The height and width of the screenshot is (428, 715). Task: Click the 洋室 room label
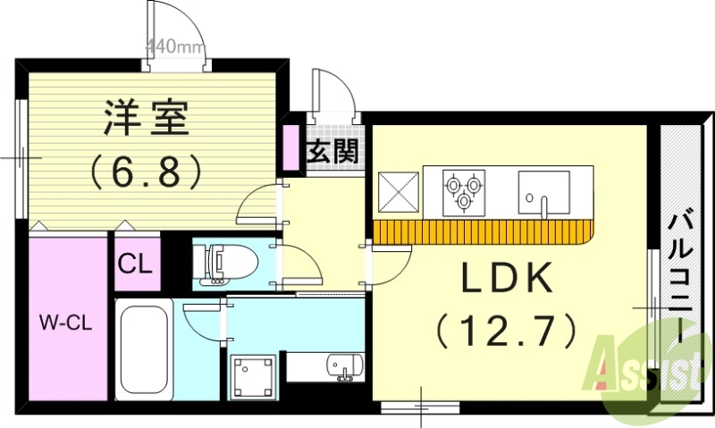(x=147, y=119)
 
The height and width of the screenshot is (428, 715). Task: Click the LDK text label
(x=506, y=280)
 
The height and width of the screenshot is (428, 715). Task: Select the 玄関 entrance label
(x=333, y=151)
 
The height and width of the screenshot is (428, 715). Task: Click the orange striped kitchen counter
(x=483, y=231)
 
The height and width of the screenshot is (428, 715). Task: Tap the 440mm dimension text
(x=174, y=45)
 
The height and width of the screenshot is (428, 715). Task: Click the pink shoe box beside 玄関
(x=291, y=147)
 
